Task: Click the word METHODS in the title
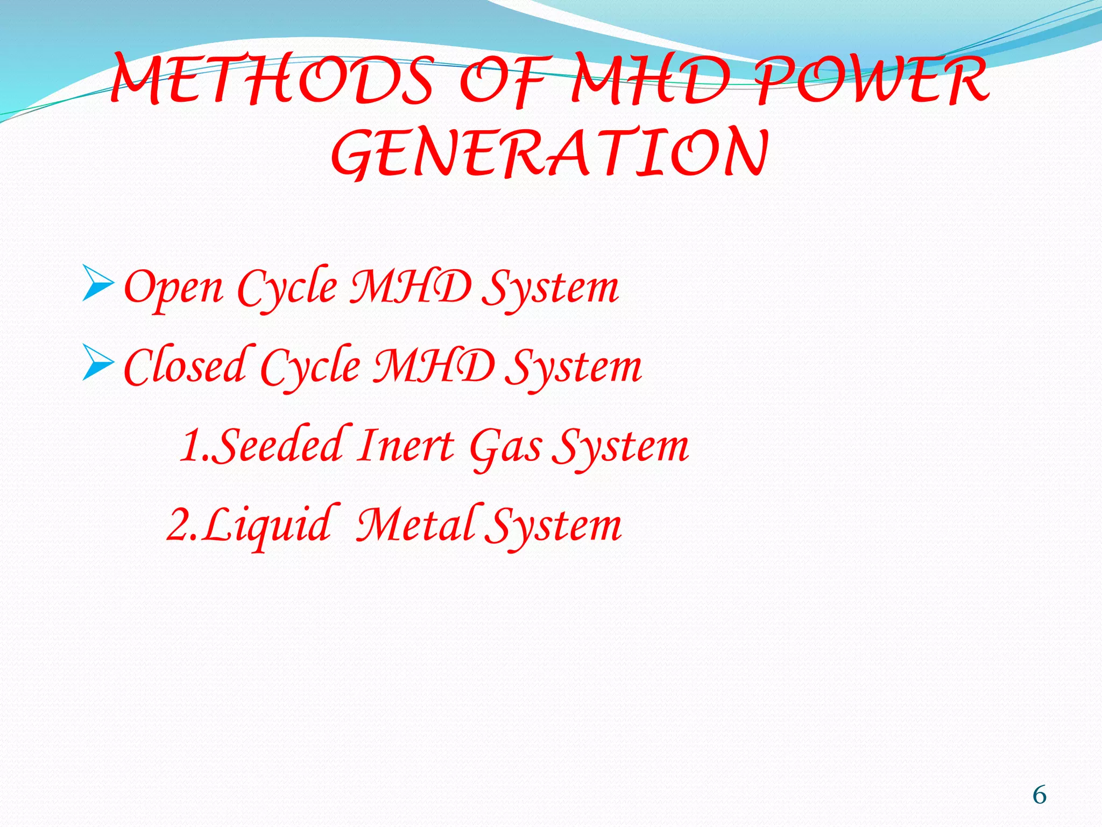[272, 81]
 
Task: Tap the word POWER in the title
[872, 81]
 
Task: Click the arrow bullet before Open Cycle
[98, 283]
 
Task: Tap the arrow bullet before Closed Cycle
[98, 362]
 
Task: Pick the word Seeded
[280, 446]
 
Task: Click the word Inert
[407, 446]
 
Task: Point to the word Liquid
[266, 525]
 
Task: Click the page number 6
[1039, 795]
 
